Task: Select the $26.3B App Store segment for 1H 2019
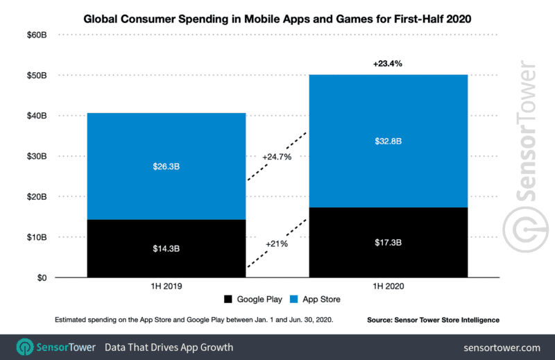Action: point(166,166)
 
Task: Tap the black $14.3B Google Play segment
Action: point(166,248)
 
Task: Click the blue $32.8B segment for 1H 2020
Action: point(388,141)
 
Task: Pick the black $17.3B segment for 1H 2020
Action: point(388,242)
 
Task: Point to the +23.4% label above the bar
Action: point(387,63)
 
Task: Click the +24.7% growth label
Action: point(277,157)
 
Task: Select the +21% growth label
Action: point(276,244)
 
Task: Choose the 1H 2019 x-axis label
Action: point(166,285)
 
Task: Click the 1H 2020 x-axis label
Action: point(388,285)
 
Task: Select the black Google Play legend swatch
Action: point(228,300)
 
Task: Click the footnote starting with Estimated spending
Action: point(183,320)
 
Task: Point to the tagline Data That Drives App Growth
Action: point(169,347)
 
